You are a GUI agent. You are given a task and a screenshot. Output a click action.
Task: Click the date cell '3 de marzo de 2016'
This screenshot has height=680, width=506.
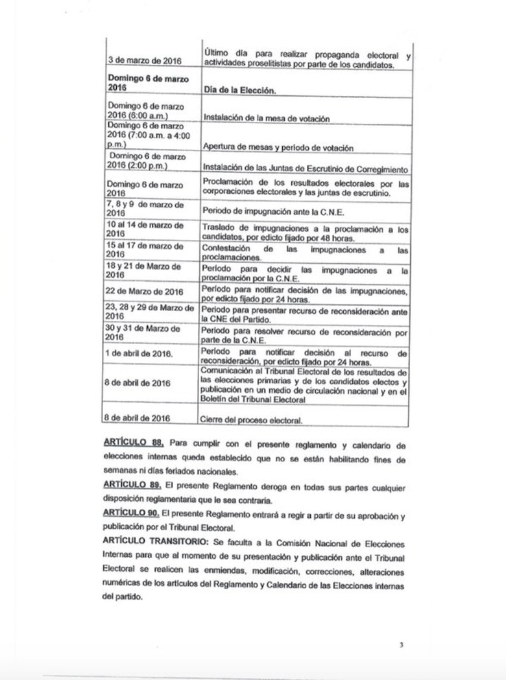[x=144, y=61]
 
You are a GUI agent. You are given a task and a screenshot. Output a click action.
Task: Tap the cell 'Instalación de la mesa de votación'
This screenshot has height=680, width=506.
[x=267, y=119]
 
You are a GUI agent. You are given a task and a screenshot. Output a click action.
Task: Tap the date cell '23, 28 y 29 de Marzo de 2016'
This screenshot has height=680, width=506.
[x=150, y=312]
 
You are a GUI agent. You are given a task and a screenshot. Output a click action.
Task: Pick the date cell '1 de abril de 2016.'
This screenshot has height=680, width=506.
[x=139, y=354]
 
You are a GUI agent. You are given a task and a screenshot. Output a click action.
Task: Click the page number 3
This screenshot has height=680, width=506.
[x=402, y=645]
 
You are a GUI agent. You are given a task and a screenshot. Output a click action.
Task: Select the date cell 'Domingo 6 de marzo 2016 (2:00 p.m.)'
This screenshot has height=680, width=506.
[x=147, y=161]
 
